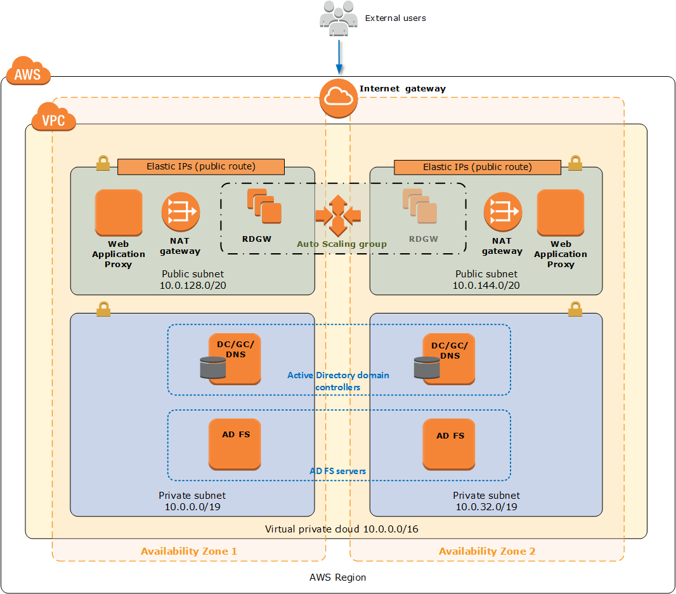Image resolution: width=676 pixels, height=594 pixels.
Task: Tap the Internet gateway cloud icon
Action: pyautogui.click(x=338, y=98)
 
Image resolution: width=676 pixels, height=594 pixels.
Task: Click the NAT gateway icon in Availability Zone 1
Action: pyautogui.click(x=180, y=212)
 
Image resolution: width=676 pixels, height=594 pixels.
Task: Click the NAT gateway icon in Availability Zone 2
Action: pyautogui.click(x=502, y=212)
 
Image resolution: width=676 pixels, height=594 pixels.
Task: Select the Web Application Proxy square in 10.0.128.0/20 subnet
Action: pyautogui.click(x=119, y=212)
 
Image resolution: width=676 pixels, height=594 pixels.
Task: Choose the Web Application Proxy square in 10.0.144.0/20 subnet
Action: pyautogui.click(x=561, y=212)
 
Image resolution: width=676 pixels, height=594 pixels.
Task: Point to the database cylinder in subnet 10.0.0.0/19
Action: pyautogui.click(x=212, y=368)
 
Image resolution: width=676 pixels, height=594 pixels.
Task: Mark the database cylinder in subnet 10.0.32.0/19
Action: pyautogui.click(x=427, y=368)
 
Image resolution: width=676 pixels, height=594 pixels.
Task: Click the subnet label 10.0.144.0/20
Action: pyautogui.click(x=486, y=286)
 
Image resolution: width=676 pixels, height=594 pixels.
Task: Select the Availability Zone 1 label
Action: pyautogui.click(x=189, y=551)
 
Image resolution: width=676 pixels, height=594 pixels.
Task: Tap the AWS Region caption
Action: pyautogui.click(x=338, y=577)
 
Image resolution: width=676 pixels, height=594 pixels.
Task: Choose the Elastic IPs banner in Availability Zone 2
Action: pyautogui.click(x=478, y=167)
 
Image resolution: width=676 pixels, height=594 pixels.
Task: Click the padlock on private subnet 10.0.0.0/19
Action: pyautogui.click(x=103, y=309)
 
